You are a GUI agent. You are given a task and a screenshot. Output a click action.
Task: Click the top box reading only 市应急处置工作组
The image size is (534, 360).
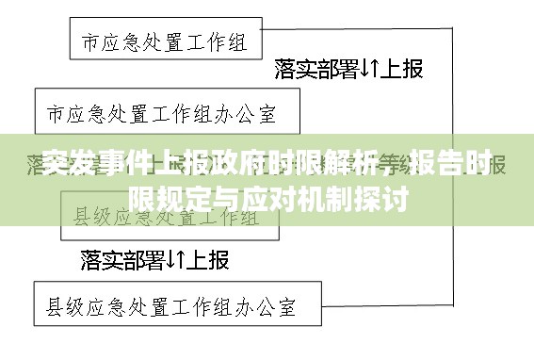[166, 42]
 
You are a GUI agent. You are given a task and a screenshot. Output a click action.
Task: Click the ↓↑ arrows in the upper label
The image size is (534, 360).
[368, 69]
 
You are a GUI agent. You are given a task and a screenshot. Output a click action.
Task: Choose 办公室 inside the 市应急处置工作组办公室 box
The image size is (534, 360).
[246, 114]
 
